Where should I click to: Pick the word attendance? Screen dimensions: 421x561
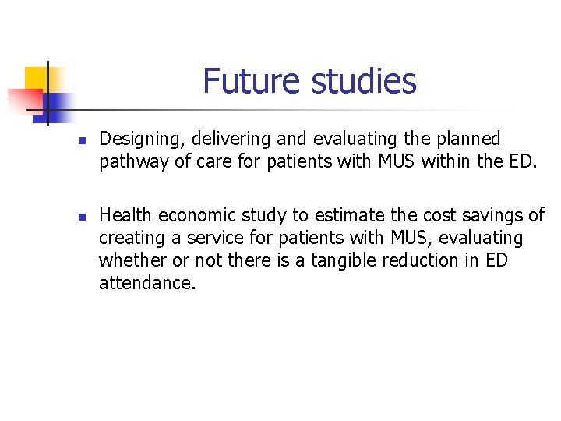[147, 282]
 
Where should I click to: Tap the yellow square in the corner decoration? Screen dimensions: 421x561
[37, 78]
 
